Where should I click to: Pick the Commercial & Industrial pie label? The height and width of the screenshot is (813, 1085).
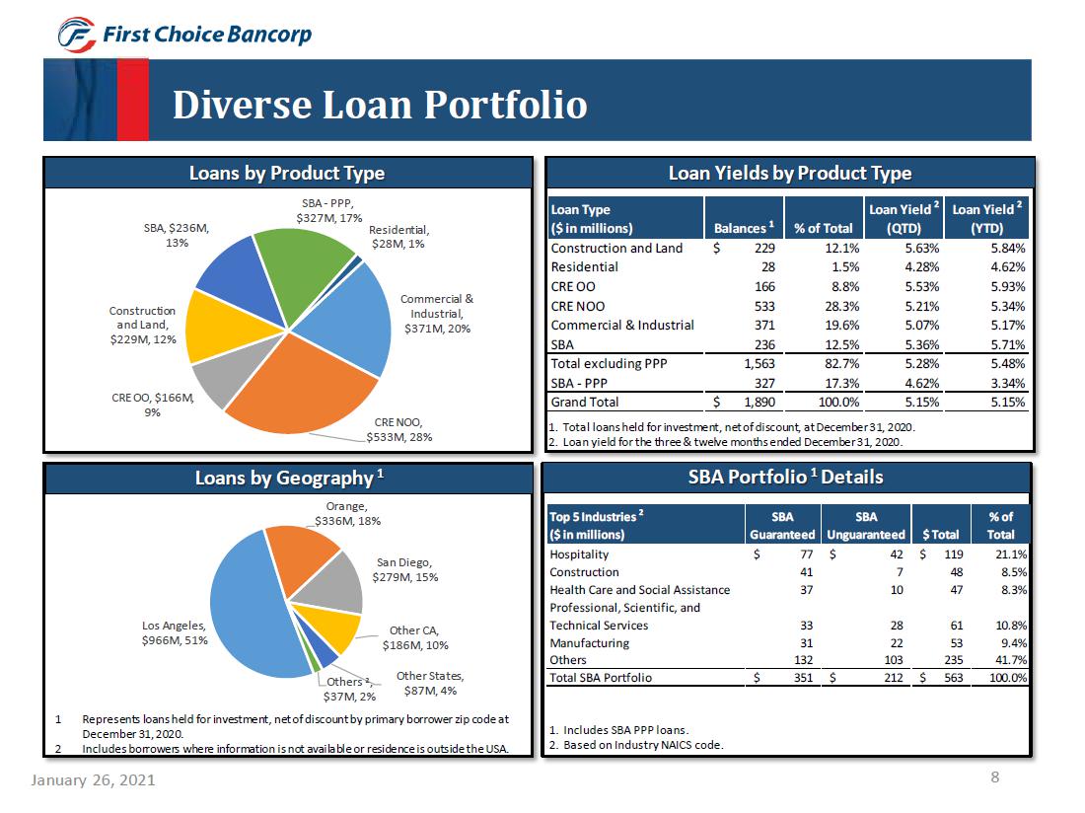(436, 313)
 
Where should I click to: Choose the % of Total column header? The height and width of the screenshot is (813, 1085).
(823, 228)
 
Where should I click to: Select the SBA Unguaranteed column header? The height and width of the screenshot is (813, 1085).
(866, 526)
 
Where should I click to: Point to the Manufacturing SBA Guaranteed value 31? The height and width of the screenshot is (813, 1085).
(806, 642)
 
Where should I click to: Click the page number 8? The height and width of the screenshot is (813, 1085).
(995, 777)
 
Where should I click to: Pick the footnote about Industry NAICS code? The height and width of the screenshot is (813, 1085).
(635, 745)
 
